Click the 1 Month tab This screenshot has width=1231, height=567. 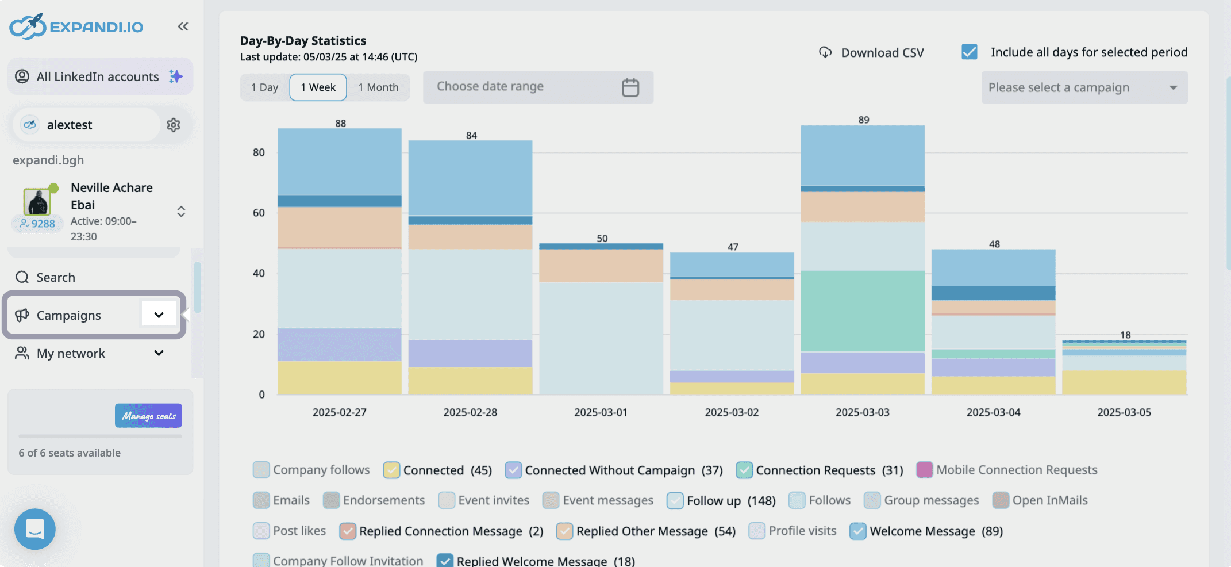[378, 87]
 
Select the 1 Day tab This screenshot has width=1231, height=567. [264, 87]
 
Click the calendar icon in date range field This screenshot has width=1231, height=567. [630, 87]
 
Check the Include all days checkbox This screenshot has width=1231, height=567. [969, 52]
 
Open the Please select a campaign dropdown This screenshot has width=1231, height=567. [1084, 87]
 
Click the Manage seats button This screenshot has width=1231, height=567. [148, 416]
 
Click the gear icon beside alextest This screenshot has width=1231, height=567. [174, 125]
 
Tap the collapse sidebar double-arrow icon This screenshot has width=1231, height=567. [183, 26]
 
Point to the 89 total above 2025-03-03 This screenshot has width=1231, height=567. [863, 120]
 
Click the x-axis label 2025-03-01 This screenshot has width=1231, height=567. [601, 412]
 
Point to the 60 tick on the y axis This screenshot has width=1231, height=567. [259, 213]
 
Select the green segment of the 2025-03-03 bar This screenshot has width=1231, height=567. [862, 311]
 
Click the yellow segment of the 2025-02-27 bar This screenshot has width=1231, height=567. [339, 377]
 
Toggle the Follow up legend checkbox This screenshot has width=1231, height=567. [675, 500]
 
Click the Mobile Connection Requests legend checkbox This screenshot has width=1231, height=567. [924, 470]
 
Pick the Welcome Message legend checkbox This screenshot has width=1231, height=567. [857, 531]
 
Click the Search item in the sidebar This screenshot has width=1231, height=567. [55, 277]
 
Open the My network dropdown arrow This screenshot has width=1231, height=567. [159, 353]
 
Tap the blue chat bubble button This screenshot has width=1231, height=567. [35, 528]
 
